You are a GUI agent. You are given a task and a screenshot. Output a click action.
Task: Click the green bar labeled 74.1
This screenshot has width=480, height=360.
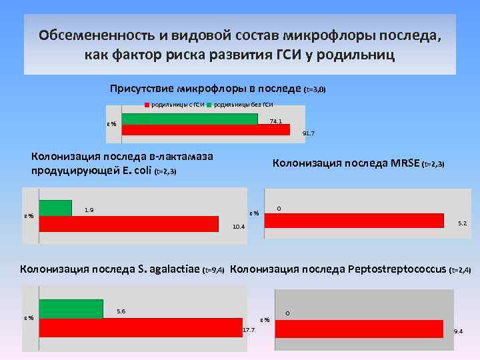189,119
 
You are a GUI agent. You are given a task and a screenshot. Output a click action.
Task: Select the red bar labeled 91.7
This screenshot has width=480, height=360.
205,130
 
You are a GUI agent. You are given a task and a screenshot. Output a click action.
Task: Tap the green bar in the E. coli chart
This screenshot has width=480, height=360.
55,208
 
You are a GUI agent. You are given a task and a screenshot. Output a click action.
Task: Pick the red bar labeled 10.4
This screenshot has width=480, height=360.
129,223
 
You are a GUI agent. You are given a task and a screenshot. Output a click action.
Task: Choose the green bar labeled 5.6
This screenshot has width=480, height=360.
71,309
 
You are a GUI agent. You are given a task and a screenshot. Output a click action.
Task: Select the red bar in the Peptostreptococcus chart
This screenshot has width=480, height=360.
359,329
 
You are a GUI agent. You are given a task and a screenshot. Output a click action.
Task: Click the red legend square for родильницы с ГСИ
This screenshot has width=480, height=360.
147,105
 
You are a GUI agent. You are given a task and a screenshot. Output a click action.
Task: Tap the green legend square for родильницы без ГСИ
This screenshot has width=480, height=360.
209,105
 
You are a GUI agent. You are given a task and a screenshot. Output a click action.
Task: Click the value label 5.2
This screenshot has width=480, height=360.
462,224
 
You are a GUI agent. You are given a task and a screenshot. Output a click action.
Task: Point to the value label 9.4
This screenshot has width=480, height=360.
459,331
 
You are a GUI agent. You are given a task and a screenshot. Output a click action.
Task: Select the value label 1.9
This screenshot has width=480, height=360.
89,211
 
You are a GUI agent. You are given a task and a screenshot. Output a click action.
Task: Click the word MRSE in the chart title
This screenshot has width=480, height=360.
405,163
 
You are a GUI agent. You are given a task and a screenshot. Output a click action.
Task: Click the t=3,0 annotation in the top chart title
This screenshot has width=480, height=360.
315,89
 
